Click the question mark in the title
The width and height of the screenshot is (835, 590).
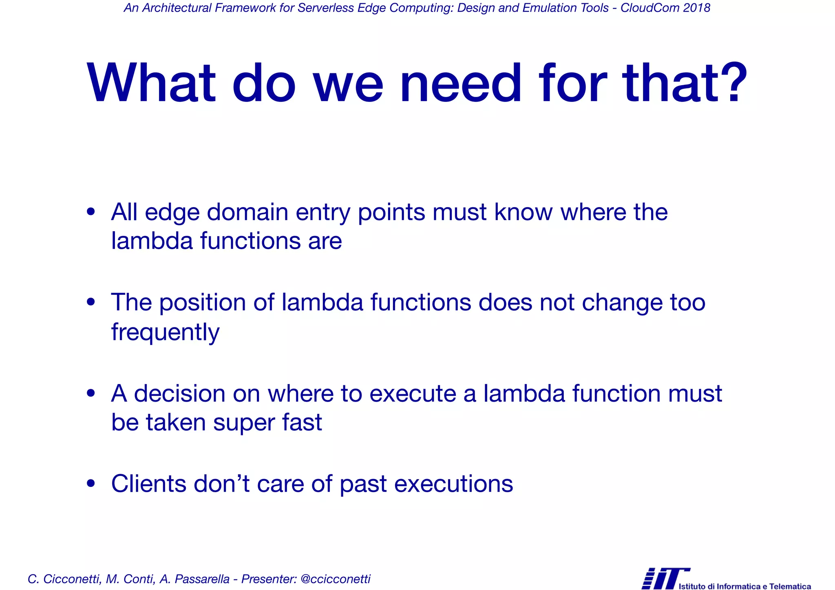coord(731,84)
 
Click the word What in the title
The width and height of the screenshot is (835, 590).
coord(151,84)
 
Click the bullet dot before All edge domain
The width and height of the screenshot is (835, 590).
coord(91,212)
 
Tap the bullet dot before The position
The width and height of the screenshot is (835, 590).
coord(91,303)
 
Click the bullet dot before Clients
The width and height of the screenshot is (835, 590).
coord(91,484)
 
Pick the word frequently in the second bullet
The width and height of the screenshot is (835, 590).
coord(165,332)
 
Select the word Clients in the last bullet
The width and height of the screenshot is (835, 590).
coord(148,484)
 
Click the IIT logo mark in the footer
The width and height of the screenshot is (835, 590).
coord(665,578)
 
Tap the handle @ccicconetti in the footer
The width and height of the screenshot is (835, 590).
coord(335,579)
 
